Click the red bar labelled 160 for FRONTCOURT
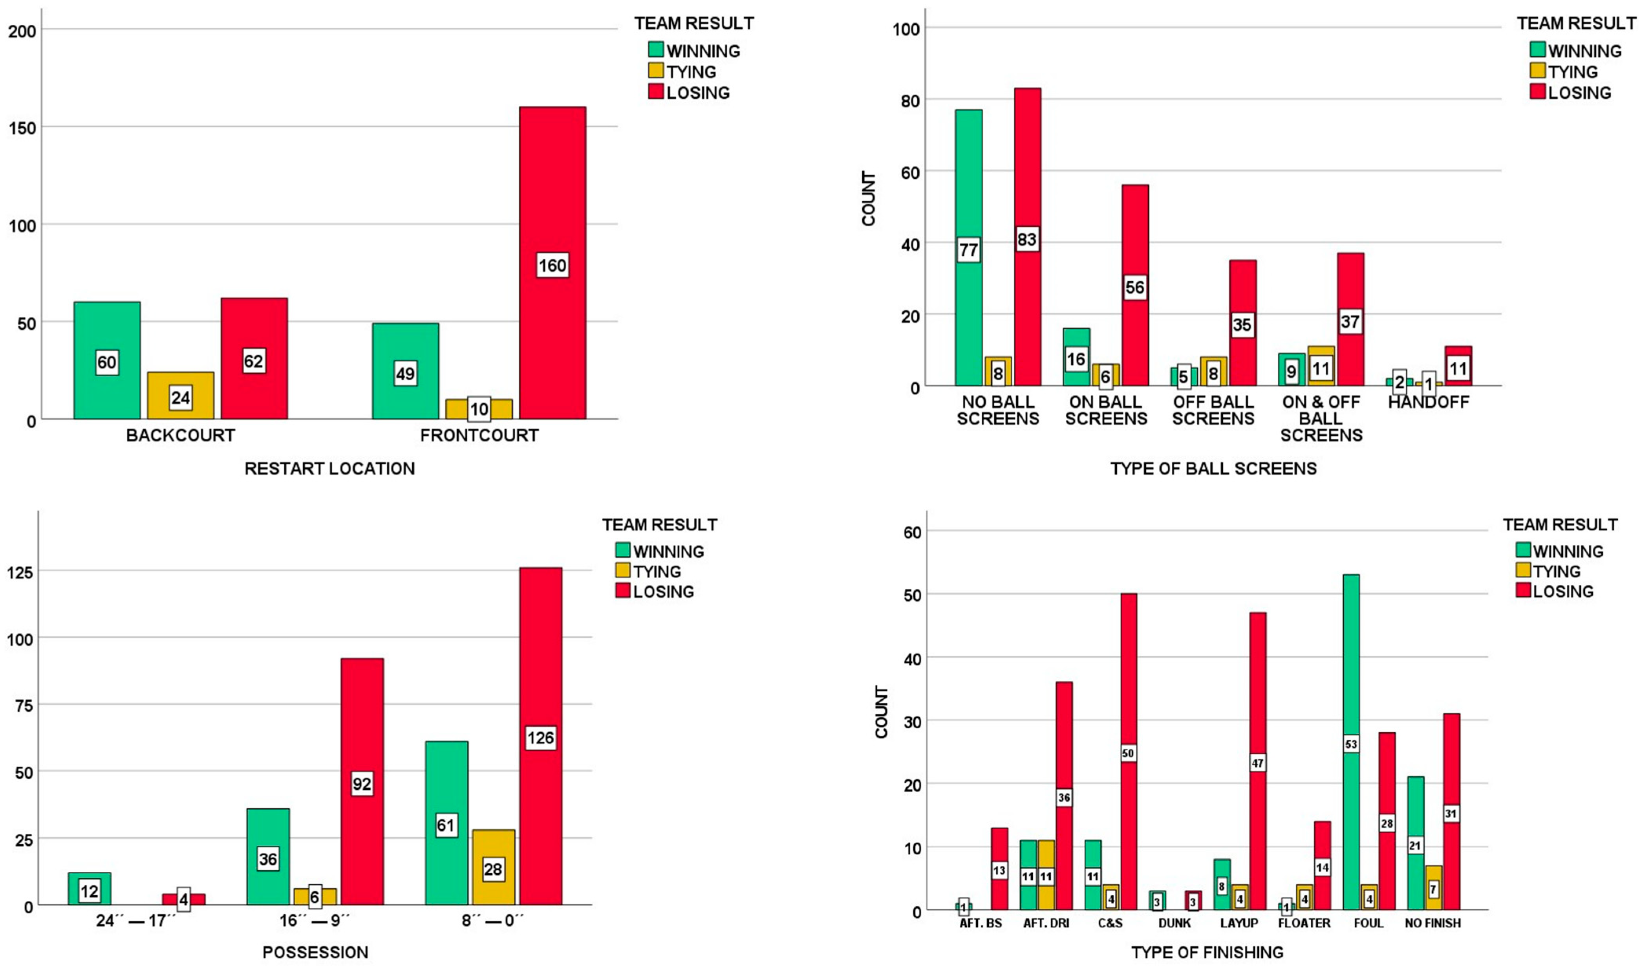point(552,195)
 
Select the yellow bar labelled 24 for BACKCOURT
point(180,384)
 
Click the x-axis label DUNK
point(1175,923)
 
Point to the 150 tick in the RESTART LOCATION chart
point(22,128)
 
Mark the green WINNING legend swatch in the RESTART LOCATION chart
point(656,49)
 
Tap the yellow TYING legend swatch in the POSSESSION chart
point(622,571)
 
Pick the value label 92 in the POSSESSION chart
point(362,784)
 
